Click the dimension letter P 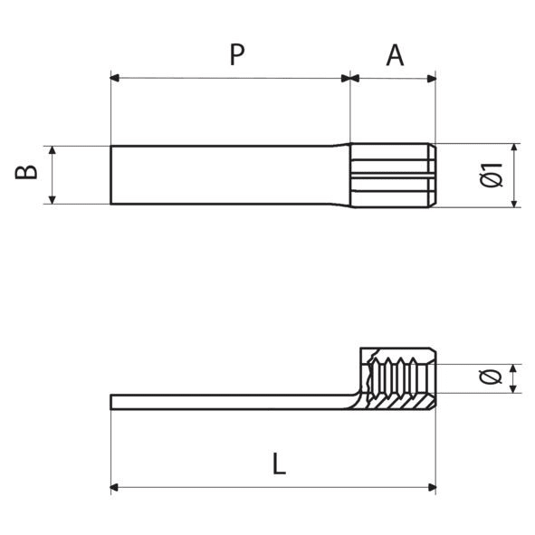click(x=236, y=55)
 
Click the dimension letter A click(x=395, y=55)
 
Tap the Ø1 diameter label click(x=492, y=175)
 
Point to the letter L click(x=279, y=465)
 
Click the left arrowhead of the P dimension click(x=115, y=78)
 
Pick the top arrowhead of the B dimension click(x=53, y=150)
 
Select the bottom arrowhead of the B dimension click(x=53, y=199)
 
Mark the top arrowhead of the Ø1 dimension click(x=514, y=148)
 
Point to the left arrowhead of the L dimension click(x=116, y=489)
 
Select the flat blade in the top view click(x=226, y=175)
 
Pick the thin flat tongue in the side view click(x=226, y=401)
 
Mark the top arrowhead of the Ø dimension click(x=514, y=368)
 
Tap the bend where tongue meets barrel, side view click(x=355, y=395)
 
